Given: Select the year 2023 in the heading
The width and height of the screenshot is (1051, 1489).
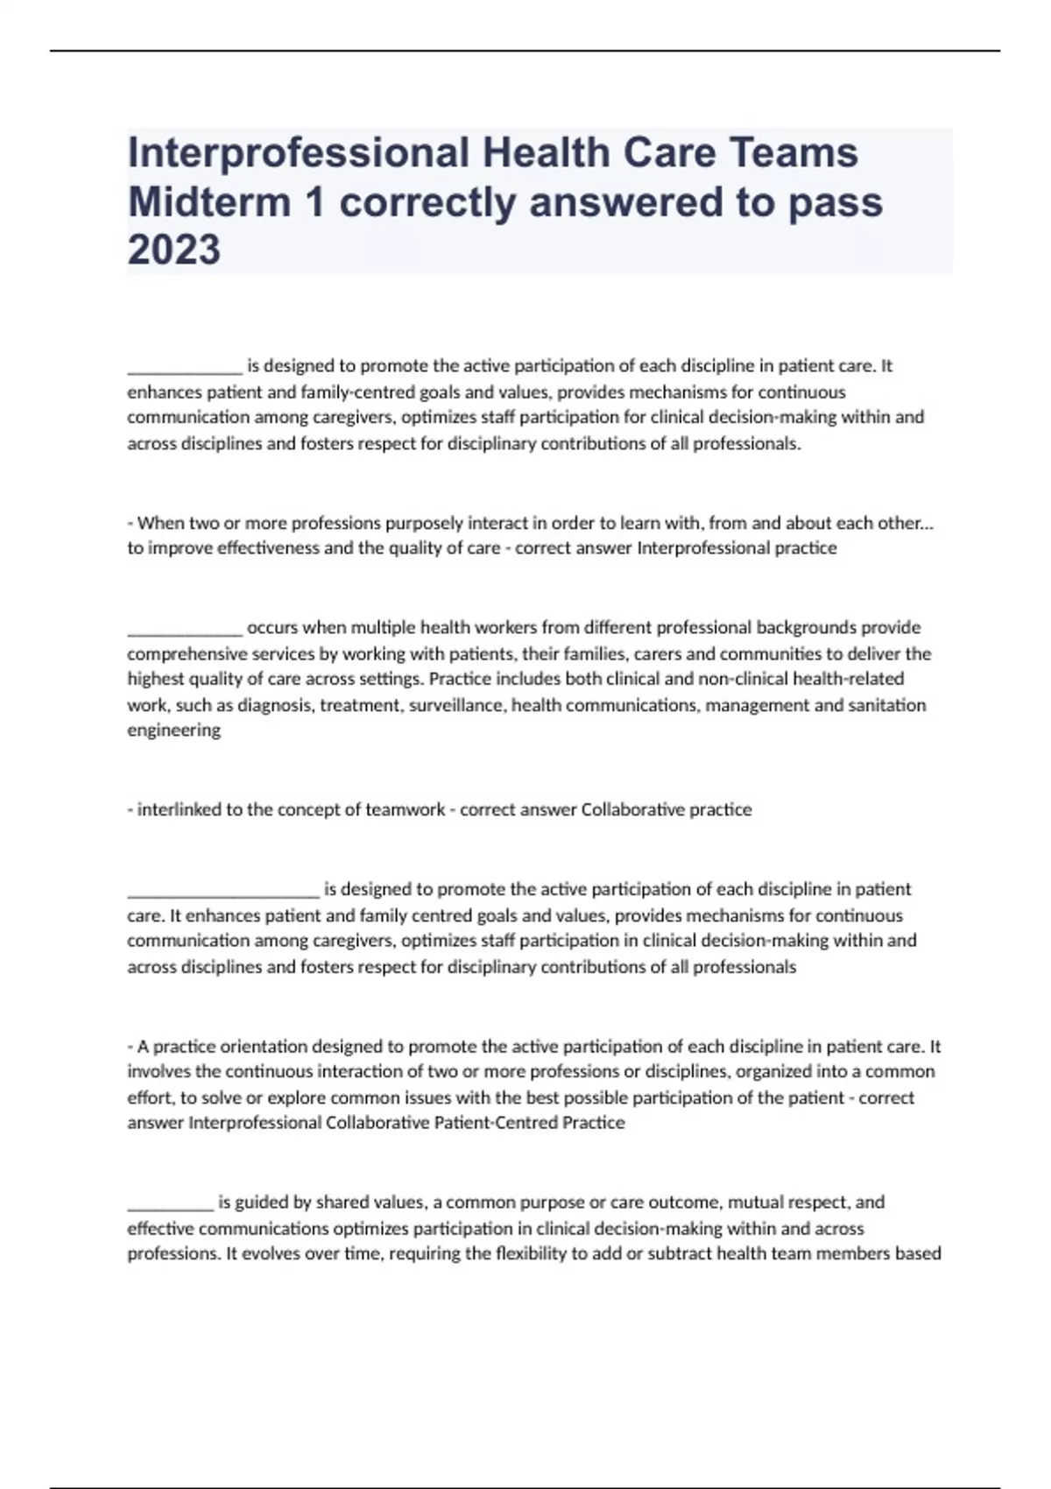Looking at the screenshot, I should [x=174, y=251].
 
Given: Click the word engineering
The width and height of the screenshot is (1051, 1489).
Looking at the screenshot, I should [x=173, y=730].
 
